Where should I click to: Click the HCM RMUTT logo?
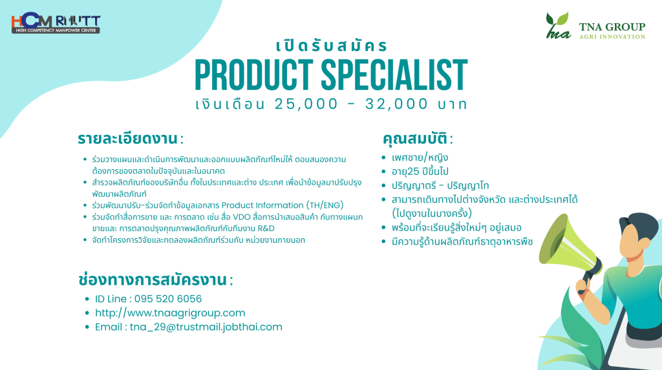tap(56, 23)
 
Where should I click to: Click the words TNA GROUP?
tap(612, 27)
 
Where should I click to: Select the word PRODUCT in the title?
tap(253, 75)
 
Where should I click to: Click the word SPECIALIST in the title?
tap(394, 75)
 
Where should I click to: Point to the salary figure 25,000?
tap(306, 104)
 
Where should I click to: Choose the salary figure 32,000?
tap(397, 104)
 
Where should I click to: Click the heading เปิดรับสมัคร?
tap(332, 46)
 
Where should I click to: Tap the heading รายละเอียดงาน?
tap(127, 138)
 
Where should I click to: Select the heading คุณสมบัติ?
tap(414, 138)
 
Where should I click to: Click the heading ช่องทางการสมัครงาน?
tap(153, 280)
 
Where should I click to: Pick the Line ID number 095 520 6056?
tap(168, 299)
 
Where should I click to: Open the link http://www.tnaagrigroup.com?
tap(170, 313)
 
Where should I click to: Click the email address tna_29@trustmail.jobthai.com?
tap(206, 327)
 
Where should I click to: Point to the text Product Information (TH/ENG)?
tap(283, 205)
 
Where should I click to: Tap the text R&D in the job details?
tap(266, 228)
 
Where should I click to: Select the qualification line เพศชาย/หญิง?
tap(420, 158)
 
